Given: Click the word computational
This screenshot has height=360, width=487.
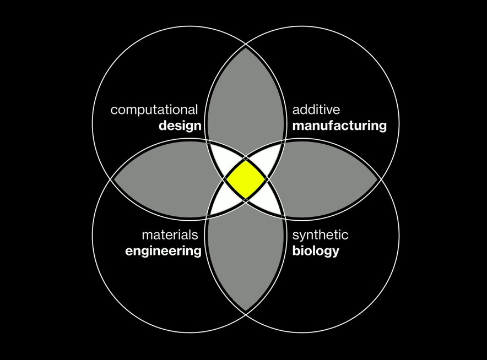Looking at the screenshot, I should pos(154,110).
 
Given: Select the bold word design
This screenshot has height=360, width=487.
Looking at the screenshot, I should pos(180,126).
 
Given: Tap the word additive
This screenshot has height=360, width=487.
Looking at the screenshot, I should pos(316,110).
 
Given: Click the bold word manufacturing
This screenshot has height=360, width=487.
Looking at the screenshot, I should pos(339,126).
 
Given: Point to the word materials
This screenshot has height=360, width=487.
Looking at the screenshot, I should pos(170,235).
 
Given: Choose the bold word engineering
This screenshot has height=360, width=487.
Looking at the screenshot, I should pos(163,252).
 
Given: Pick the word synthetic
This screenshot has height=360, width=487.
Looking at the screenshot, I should pos(320,235).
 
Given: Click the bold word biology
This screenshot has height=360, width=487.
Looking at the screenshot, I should pos(315,252).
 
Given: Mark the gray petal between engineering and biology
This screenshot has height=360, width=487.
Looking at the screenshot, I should pos(246,259).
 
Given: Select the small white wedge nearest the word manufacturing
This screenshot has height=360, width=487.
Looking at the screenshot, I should pos(267,159).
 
